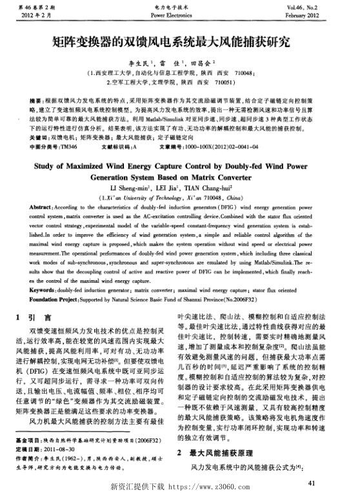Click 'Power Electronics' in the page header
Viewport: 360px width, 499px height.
tap(180, 13)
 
